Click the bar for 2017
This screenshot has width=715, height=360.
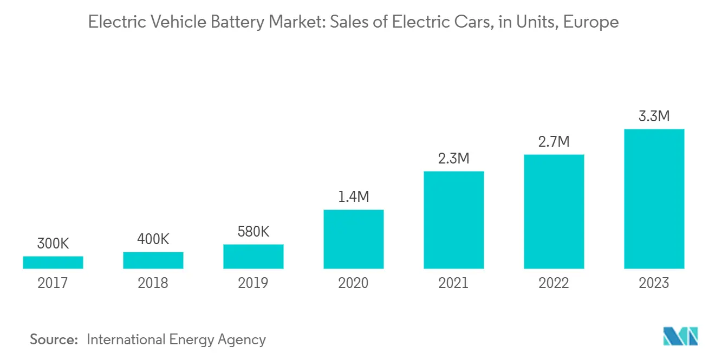53,263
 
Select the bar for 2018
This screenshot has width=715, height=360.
153,260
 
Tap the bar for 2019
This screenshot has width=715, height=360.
253,257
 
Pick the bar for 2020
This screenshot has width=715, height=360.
354,239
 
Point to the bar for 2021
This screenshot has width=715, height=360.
454,220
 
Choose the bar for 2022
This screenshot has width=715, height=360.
554,212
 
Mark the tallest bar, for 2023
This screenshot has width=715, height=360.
654,199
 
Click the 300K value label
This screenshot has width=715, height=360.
53,244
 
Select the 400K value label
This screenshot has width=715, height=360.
153,239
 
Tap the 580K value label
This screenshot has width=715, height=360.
253,232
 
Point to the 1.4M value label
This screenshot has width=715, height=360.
354,197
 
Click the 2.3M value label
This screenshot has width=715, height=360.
454,159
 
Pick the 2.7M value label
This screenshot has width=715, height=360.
554,142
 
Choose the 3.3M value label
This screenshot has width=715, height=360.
654,116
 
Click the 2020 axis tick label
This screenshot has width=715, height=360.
354,283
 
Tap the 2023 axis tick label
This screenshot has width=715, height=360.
654,283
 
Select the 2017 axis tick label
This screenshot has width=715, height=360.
53,283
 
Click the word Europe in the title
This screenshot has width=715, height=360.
591,23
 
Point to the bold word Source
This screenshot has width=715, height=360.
54,339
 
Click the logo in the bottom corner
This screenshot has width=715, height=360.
681,336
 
